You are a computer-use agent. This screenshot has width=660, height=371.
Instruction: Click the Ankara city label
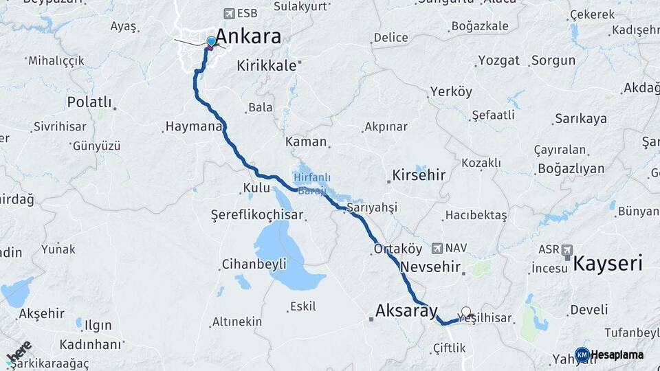248,36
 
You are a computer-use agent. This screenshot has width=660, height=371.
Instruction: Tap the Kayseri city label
608,263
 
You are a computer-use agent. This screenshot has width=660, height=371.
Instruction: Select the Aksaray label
406,312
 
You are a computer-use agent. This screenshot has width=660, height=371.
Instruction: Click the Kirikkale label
266,66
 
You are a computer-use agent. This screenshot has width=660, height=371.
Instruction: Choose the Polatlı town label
89,102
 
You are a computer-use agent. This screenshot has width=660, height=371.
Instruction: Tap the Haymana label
193,127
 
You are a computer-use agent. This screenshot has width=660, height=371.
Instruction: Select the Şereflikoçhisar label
256,215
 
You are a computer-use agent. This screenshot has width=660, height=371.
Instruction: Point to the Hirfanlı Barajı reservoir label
312,182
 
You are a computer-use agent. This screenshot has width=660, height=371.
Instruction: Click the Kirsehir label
419,175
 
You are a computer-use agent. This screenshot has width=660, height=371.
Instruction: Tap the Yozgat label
498,60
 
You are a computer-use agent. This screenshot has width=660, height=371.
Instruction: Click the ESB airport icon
229,14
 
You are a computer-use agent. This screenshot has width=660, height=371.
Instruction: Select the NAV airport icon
437,248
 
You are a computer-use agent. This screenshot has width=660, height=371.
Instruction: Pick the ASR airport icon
566,249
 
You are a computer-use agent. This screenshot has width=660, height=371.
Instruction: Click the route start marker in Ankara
210,43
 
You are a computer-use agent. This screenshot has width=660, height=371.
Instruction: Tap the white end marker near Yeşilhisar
467,312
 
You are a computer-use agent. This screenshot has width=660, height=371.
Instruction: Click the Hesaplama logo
609,355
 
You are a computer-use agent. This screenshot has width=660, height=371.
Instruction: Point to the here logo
19,352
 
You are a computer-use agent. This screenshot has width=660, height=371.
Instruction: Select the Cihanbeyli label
254,265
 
